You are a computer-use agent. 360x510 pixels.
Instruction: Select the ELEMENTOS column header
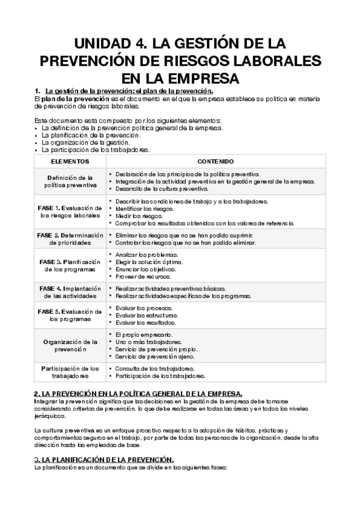(70, 162)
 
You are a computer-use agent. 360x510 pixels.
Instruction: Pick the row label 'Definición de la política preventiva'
(70, 181)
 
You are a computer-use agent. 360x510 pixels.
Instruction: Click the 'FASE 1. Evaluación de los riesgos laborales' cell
(70, 211)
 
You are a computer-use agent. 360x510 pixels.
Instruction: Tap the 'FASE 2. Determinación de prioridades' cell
(70, 239)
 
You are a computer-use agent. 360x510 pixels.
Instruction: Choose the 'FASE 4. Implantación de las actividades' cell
(70, 292)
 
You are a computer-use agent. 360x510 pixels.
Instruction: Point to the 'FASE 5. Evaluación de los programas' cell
(70, 315)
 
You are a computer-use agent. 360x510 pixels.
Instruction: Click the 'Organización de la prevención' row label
(70, 345)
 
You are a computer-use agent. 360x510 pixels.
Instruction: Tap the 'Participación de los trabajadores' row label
(70, 372)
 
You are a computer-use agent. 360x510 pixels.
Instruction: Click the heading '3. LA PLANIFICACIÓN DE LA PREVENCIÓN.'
(104, 460)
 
